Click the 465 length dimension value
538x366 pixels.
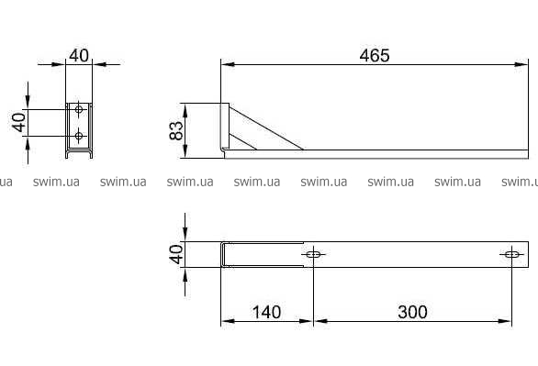(x=375, y=56)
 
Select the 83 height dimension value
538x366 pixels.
(x=176, y=130)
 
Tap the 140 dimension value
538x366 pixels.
(x=266, y=312)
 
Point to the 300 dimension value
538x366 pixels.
(x=412, y=312)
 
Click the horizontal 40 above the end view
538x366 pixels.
(x=79, y=56)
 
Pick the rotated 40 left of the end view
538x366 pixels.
(x=19, y=122)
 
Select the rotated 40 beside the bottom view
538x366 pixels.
(x=176, y=254)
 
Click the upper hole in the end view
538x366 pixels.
(x=79, y=110)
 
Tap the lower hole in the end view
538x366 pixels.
(x=79, y=136)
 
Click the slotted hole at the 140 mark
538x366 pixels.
(x=313, y=254)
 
